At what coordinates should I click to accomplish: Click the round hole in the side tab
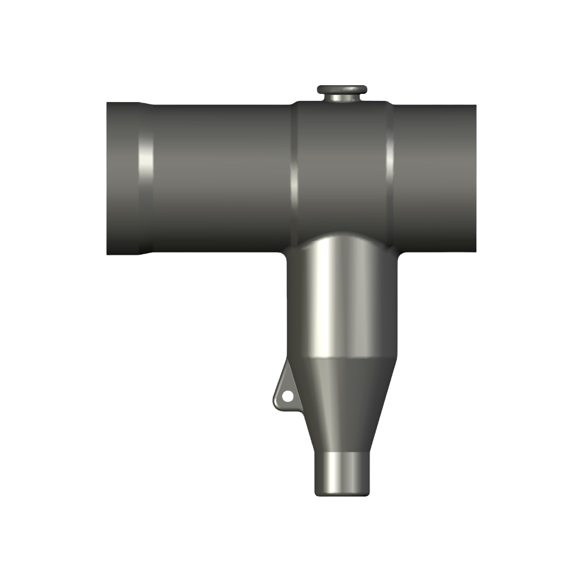[x=287, y=396]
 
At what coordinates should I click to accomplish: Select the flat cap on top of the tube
[x=342, y=89]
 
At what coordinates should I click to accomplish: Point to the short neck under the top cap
[x=342, y=99]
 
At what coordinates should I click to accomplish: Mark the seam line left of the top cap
[x=294, y=169]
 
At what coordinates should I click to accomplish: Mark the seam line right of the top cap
[x=389, y=169]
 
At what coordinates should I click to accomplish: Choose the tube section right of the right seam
[x=434, y=175]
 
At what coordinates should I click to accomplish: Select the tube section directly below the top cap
[x=342, y=169]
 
